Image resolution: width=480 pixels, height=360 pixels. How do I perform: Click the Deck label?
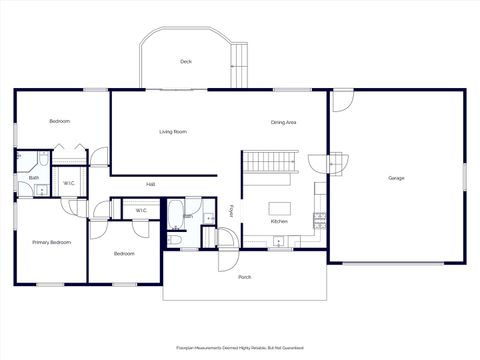(x=185, y=62)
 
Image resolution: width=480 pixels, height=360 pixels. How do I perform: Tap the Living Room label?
(x=173, y=132)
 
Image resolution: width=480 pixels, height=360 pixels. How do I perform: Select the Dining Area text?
(x=283, y=123)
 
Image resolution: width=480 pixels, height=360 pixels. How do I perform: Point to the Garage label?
(x=396, y=178)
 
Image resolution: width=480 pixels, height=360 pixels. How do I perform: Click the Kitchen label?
(x=279, y=221)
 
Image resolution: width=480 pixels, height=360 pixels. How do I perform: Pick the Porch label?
(x=244, y=276)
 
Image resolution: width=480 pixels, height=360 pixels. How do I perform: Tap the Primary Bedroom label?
(x=51, y=242)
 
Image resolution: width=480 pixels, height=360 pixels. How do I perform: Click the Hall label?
(x=151, y=184)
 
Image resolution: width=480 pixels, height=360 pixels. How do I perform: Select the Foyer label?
(x=231, y=211)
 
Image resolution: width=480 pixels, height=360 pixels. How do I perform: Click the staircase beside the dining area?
(x=272, y=161)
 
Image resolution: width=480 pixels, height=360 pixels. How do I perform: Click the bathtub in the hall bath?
(x=175, y=214)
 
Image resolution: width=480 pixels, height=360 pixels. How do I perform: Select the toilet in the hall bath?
(x=176, y=239)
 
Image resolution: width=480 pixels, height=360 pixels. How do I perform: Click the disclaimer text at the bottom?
(x=240, y=348)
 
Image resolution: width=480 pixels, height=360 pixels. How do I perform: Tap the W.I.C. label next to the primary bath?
(x=68, y=183)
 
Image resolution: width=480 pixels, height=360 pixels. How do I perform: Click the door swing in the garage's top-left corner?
(x=343, y=100)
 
